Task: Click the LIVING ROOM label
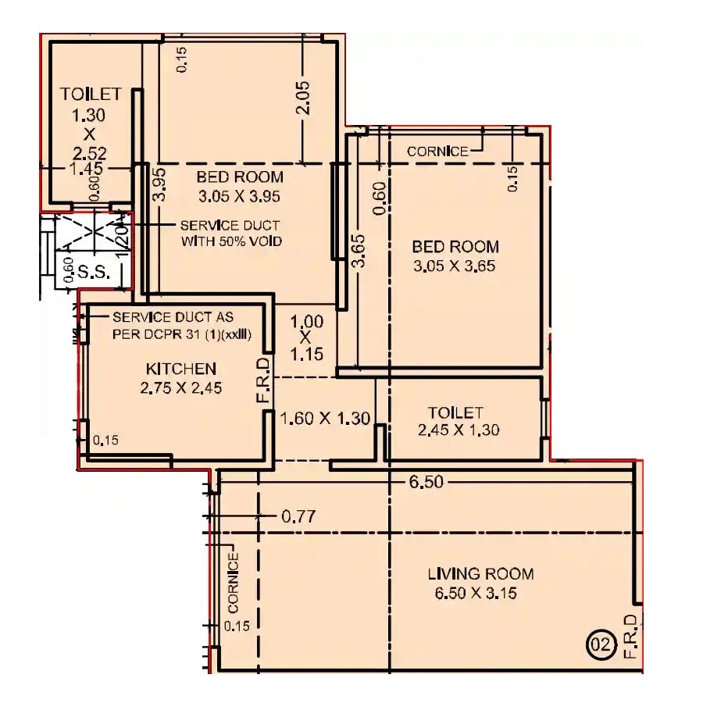tap(480, 574)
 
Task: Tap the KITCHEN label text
tap(180, 369)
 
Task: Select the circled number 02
tap(598, 645)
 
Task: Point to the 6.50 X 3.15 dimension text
tap(476, 594)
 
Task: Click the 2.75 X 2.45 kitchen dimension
tap(180, 387)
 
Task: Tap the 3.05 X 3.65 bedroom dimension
tap(455, 266)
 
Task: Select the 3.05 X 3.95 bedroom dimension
tap(238, 195)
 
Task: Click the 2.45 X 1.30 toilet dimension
tap(459, 430)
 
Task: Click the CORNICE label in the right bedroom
tap(438, 152)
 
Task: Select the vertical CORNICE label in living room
tap(232, 583)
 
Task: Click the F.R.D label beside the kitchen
tap(263, 382)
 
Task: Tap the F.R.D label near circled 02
tap(630, 637)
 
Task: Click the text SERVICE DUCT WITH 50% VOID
tap(231, 233)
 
